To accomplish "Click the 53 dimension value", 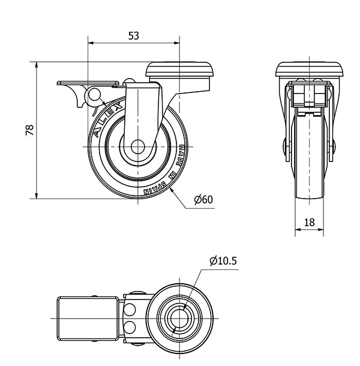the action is pyautogui.click(x=134, y=36).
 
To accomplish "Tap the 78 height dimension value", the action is pyautogui.click(x=30, y=130).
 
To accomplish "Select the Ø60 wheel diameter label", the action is pyautogui.click(x=203, y=200).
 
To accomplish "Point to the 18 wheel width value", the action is pyautogui.click(x=310, y=223).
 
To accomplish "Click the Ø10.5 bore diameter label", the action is pyautogui.click(x=223, y=261).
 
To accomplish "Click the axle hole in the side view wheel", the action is pyautogui.click(x=138, y=147).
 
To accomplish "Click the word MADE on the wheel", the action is pyautogui.click(x=180, y=155).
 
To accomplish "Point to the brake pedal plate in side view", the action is pyautogui.click(x=88, y=83).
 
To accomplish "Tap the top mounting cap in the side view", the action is pyautogui.click(x=179, y=69).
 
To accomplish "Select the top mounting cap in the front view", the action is pyautogui.click(x=310, y=69).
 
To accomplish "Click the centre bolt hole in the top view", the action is pyautogui.click(x=179, y=318).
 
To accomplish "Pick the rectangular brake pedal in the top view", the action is pyautogui.click(x=88, y=318).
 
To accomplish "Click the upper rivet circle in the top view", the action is pyautogui.click(x=130, y=310).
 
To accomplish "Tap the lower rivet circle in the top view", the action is pyautogui.click(x=130, y=327).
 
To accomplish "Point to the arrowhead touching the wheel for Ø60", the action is pyautogui.click(x=172, y=191).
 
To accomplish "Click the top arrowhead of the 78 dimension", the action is pyautogui.click(x=37, y=65).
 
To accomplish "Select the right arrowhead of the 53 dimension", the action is pyautogui.click(x=177, y=43).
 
